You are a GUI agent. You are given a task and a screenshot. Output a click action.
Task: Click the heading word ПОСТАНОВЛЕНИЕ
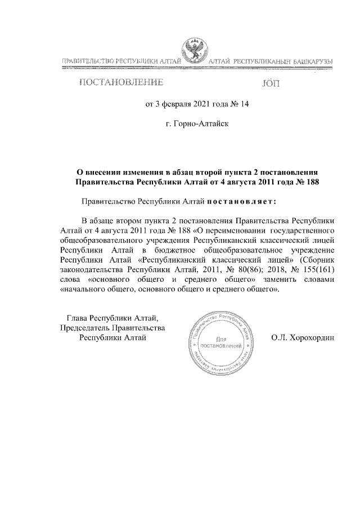point(121,84)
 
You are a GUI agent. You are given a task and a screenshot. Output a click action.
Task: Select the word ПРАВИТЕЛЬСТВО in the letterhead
point(87,60)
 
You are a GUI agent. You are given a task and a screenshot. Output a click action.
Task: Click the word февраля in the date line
point(170,103)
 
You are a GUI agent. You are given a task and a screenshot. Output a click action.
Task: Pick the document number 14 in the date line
point(243,103)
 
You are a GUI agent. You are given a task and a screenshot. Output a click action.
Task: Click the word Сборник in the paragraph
point(319,259)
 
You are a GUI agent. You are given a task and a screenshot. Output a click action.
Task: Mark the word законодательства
point(92,269)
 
